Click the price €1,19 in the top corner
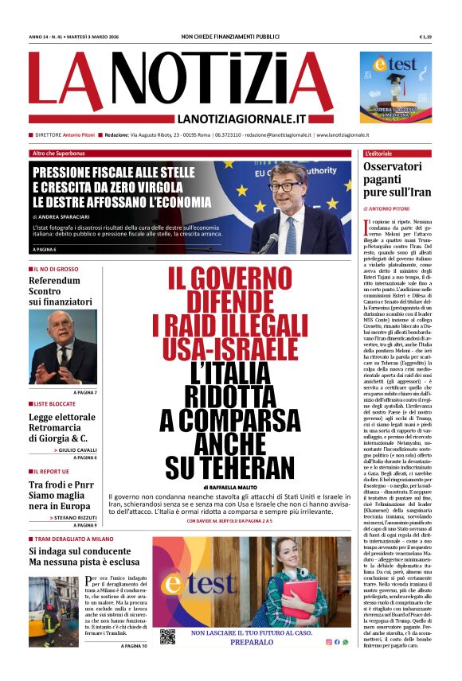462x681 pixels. (425, 37)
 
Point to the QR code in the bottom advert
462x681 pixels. (167, 637)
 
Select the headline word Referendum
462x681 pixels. (54, 281)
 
